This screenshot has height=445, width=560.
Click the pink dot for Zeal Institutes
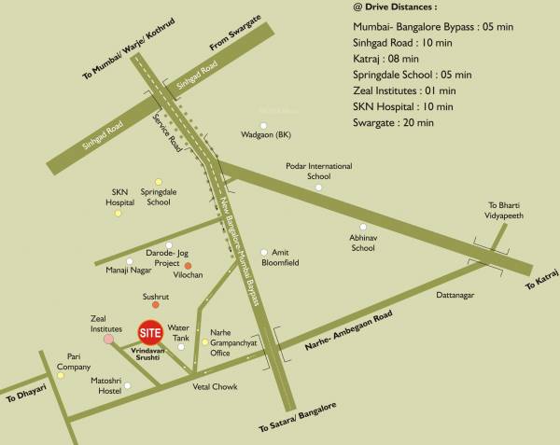pyautogui.click(x=109, y=340)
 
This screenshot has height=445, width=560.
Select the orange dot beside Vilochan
pyautogui.click(x=188, y=266)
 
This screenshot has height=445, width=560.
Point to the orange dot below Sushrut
pyautogui.click(x=156, y=305)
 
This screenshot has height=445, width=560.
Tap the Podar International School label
pyautogui.click(x=319, y=171)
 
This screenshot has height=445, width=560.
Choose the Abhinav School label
pyautogui.click(x=363, y=243)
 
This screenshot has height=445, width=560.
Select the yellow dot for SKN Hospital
pyautogui.click(x=118, y=214)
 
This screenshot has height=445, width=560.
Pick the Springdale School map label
pyautogui.click(x=158, y=197)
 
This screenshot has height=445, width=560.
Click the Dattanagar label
pyautogui.click(x=455, y=296)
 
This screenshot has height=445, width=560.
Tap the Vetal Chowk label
pyautogui.click(x=215, y=386)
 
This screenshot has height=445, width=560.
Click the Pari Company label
pyautogui.click(x=74, y=361)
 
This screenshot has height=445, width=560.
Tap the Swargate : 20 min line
pyautogui.click(x=401, y=122)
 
